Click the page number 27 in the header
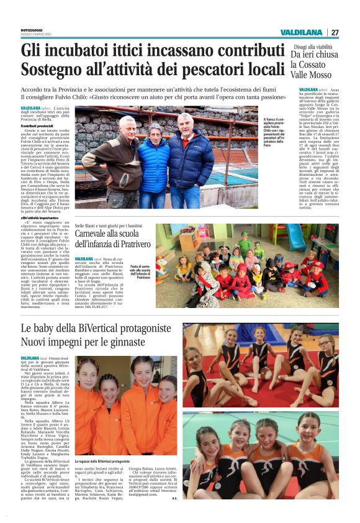(x=335, y=32)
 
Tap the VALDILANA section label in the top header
(x=301, y=32)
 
